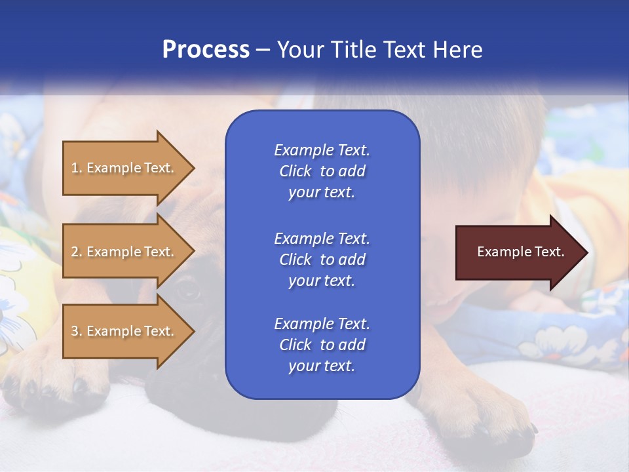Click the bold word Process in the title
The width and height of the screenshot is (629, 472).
[206, 50]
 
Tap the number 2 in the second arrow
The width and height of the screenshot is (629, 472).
[75, 252]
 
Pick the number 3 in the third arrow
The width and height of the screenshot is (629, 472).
[75, 331]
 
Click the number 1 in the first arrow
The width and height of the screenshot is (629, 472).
[74, 168]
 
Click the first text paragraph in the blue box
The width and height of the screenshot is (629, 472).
[322, 171]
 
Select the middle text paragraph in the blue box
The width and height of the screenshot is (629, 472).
[322, 260]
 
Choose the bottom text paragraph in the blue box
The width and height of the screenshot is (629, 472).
[322, 345]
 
